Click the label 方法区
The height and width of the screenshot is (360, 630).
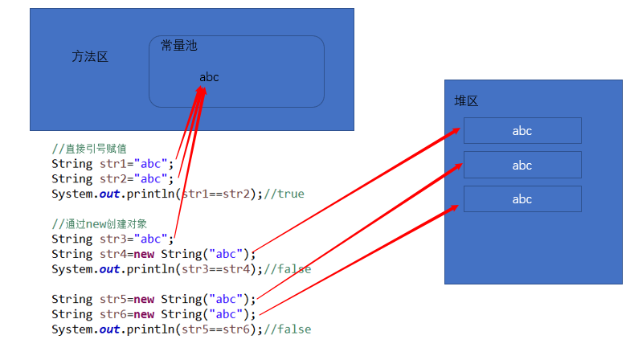(x=90, y=56)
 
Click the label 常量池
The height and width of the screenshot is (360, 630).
(x=178, y=46)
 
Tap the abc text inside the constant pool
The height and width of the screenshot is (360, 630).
(x=209, y=77)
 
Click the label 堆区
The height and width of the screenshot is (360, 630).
(x=466, y=101)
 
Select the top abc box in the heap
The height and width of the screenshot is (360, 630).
(x=522, y=131)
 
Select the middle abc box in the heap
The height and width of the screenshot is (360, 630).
(x=522, y=165)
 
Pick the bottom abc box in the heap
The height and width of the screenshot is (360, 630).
(x=522, y=199)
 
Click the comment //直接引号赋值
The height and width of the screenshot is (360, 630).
(x=89, y=149)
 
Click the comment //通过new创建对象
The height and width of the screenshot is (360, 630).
(x=100, y=223)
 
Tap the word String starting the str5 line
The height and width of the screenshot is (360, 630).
(x=72, y=299)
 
